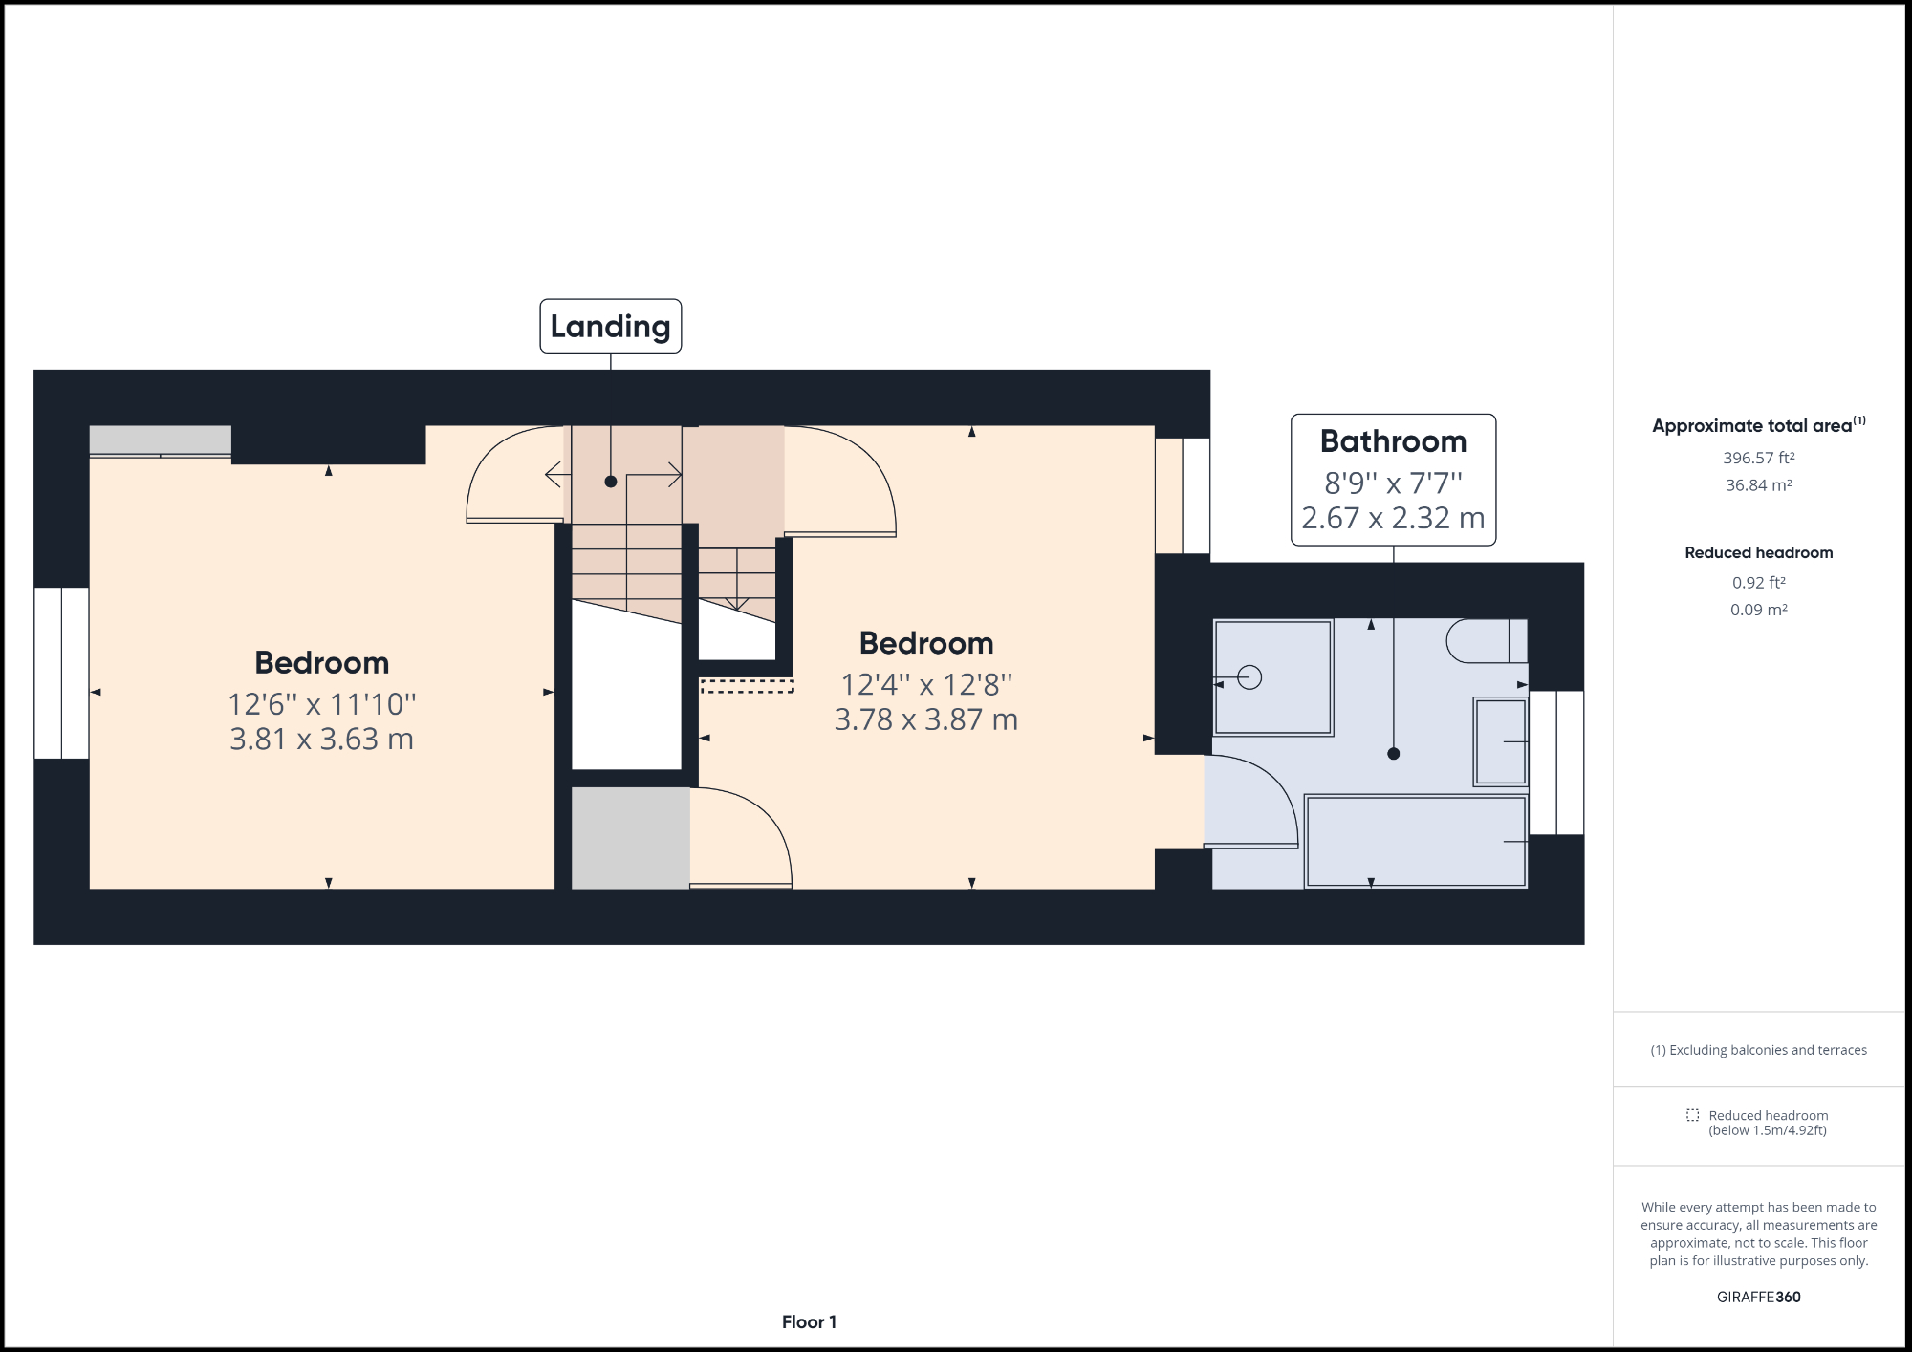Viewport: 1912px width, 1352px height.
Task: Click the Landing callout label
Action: pyautogui.click(x=610, y=326)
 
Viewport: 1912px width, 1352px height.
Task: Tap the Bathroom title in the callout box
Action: pyautogui.click(x=1393, y=441)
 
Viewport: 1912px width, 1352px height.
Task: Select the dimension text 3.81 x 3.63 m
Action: pyautogui.click(x=321, y=739)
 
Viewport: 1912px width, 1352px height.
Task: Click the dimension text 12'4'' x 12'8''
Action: pyautogui.click(x=925, y=684)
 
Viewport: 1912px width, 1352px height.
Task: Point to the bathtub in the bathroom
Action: pyautogui.click(x=1415, y=842)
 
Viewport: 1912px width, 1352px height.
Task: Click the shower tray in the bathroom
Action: pyautogui.click(x=1272, y=677)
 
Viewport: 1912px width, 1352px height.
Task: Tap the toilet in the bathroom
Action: pyautogui.click(x=1485, y=641)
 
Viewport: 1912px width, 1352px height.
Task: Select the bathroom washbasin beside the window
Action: pyautogui.click(x=1500, y=741)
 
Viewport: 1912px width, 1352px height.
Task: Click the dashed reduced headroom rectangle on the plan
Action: pyautogui.click(x=747, y=685)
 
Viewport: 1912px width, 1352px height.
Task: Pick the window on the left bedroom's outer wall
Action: pyautogui.click(x=61, y=673)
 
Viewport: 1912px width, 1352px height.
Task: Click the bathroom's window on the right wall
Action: pyautogui.click(x=1556, y=762)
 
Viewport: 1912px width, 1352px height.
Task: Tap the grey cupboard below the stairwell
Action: pyautogui.click(x=630, y=838)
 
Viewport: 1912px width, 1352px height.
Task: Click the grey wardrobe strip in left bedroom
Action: pyautogui.click(x=160, y=440)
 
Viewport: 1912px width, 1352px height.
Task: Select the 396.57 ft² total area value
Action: pyautogui.click(x=1758, y=458)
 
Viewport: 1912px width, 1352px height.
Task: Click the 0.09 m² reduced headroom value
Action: pyautogui.click(x=1758, y=610)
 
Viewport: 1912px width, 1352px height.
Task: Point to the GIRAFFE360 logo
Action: pyautogui.click(x=1758, y=1297)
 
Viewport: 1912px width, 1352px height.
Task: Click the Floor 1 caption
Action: pyautogui.click(x=809, y=1321)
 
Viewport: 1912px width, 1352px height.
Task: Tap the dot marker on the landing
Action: pyautogui.click(x=610, y=482)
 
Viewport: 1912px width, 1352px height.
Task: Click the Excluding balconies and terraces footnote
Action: pyautogui.click(x=1758, y=1050)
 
